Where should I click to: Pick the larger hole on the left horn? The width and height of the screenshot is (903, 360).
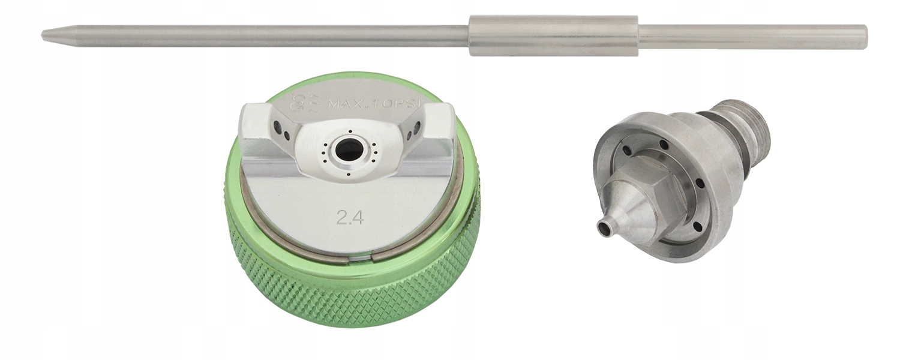click(277, 127)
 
